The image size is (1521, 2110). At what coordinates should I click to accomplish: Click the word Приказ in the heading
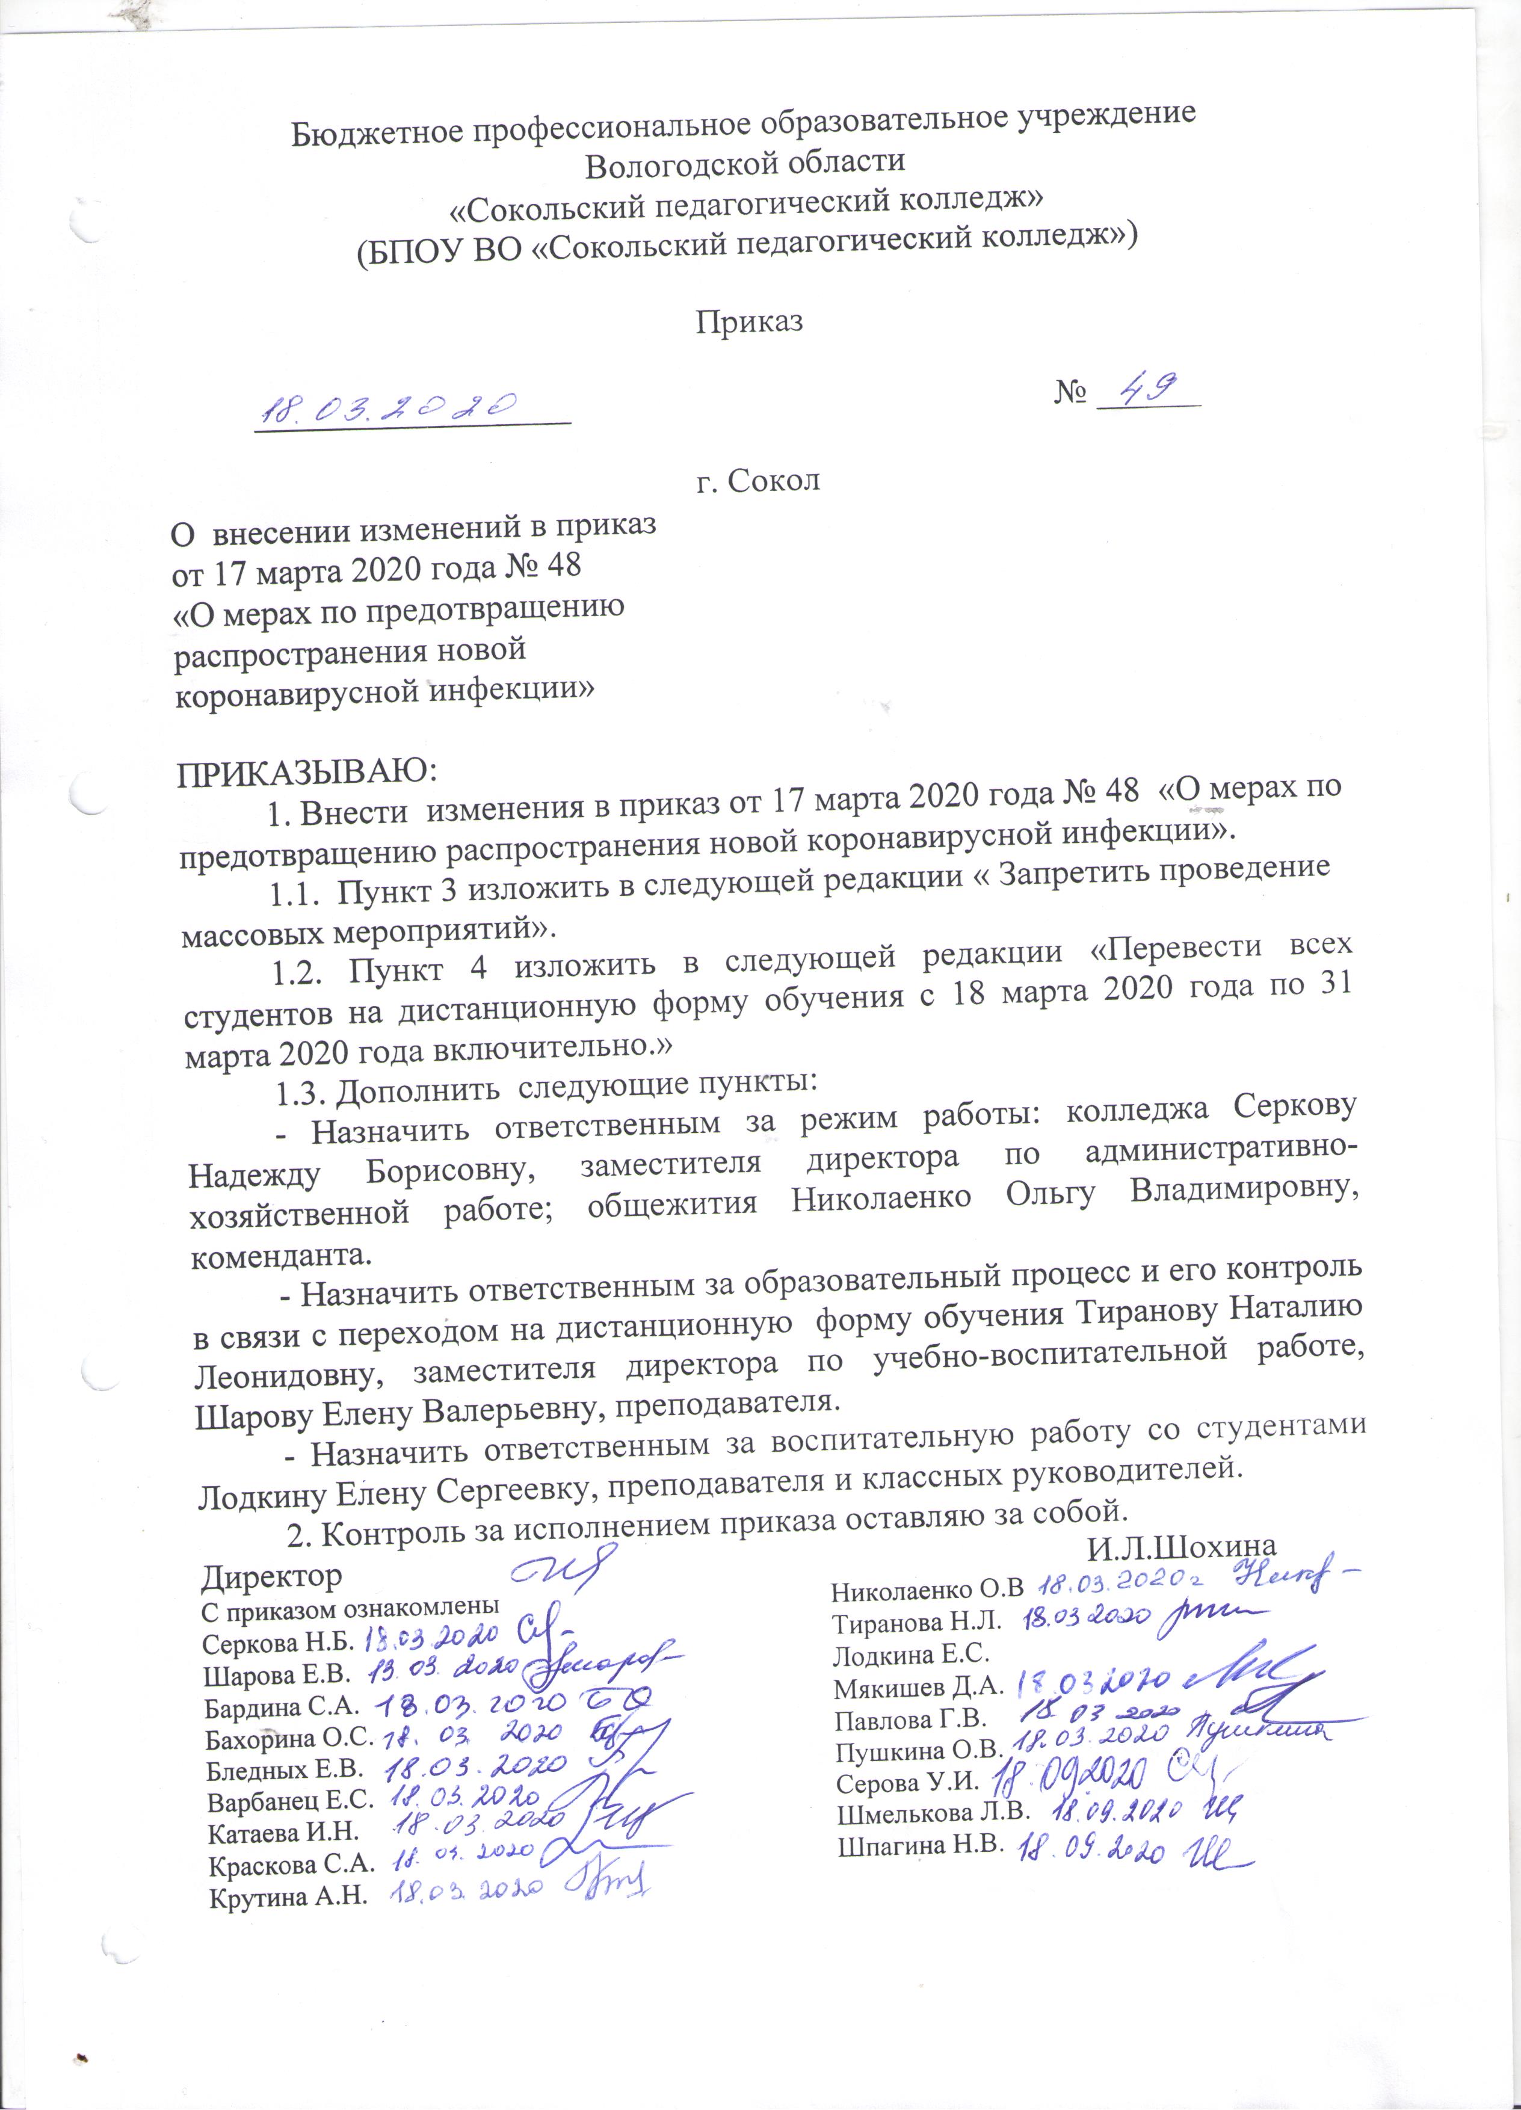(749, 321)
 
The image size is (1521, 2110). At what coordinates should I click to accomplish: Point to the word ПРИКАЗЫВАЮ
(306, 771)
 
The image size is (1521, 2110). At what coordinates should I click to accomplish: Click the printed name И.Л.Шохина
(1180, 1546)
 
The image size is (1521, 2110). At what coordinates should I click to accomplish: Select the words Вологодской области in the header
(745, 162)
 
